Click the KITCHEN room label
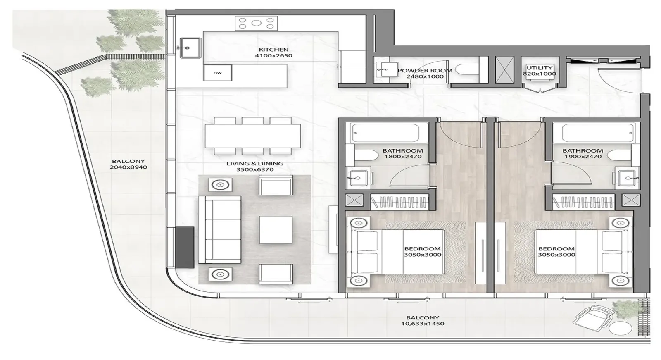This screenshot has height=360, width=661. coord(273,50)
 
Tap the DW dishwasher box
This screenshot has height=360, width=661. coord(217,73)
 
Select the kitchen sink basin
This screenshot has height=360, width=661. coord(190,48)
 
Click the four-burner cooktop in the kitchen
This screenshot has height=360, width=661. coord(256,23)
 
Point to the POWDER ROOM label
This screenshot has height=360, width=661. coord(425,71)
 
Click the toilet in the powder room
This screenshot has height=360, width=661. coord(466,70)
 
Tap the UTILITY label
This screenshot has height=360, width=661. coord(540,68)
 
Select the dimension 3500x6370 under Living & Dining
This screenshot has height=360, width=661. coord(254,169)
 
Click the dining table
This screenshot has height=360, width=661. coord(253,136)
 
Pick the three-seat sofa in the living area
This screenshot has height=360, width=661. coord(219,229)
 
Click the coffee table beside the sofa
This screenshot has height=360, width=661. coord(276,230)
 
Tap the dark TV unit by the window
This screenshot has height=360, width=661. coord(185,248)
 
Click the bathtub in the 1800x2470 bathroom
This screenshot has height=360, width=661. coord(386,133)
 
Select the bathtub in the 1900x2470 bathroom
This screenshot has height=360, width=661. coord(598,133)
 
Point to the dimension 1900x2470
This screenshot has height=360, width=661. coord(583,157)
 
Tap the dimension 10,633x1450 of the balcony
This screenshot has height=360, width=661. coord(423,324)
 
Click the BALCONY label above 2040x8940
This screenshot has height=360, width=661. coord(128,161)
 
